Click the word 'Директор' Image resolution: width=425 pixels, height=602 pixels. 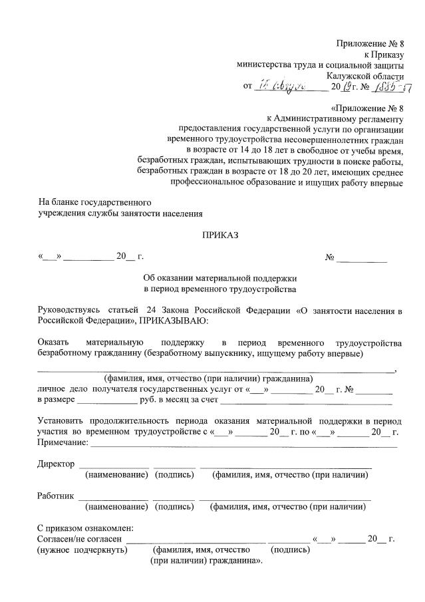coord(56,463)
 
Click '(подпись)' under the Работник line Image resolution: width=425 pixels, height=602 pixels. coord(174,506)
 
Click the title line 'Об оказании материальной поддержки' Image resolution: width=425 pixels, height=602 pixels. coord(219,278)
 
